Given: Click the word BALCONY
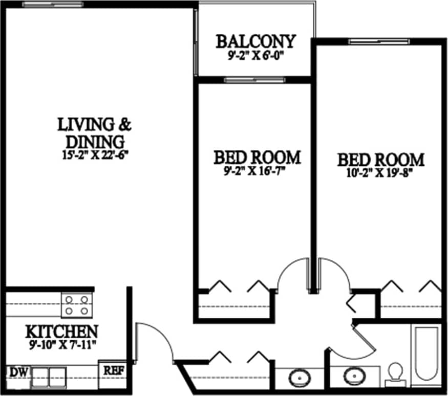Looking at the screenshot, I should pyautogui.click(x=255, y=41).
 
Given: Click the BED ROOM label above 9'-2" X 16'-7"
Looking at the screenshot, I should pyautogui.click(x=257, y=157).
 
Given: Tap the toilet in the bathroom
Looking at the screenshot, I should pyautogui.click(x=395, y=373).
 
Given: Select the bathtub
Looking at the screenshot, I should pyautogui.click(x=426, y=354).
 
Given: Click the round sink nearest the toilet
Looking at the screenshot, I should pyautogui.click(x=354, y=377).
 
